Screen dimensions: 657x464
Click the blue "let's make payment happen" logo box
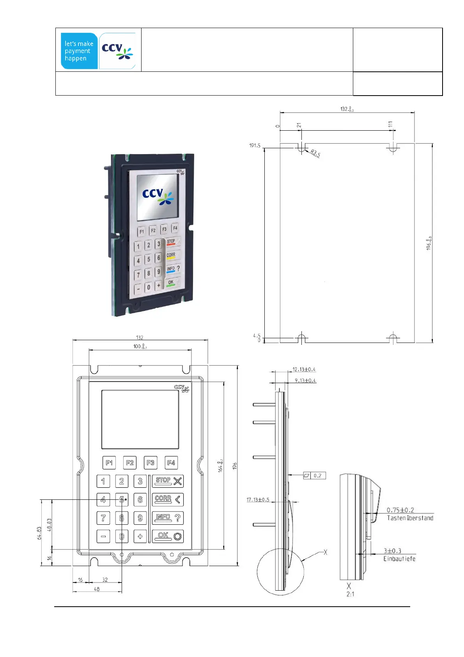coord(79,51)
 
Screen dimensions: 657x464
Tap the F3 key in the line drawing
coord(151,463)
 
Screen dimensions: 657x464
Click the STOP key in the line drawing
coord(168,481)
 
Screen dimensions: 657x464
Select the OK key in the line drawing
coord(168,536)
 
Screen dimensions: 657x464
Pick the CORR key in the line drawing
coord(168,499)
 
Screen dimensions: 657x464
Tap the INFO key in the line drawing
coord(168,518)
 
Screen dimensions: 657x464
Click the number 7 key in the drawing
coord(103,518)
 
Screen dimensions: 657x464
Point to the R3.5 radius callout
coord(315,153)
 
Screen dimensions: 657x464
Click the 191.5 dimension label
coord(255,146)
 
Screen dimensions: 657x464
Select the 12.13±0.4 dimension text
coord(304,369)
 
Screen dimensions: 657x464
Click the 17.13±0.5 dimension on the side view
coord(258,500)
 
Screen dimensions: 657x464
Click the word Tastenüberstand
coord(410,518)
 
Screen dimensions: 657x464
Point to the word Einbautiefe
coord(399,559)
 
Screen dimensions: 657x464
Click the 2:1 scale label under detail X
coord(350,594)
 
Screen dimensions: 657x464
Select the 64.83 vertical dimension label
coord(39,533)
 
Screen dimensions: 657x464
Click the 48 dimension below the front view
coord(97,589)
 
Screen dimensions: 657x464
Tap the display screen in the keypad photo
coord(158,197)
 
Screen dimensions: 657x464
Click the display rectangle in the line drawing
coord(140,419)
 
